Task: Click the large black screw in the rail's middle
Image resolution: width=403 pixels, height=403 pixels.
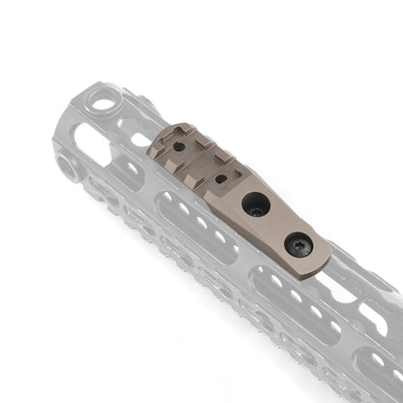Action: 256,204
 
